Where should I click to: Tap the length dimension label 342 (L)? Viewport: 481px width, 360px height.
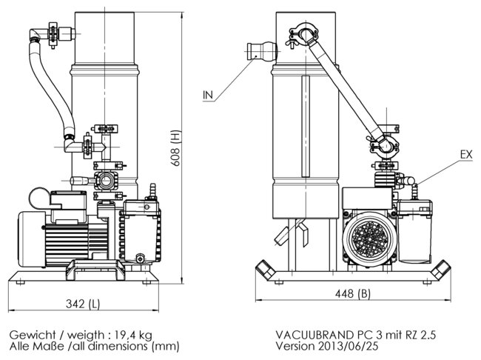(x=82, y=304)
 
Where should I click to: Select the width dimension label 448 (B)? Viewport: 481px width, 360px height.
(x=353, y=294)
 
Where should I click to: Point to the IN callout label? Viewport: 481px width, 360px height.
(x=208, y=94)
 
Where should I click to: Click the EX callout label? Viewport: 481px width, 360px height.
(x=466, y=154)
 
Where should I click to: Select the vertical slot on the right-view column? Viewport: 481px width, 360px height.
(x=305, y=130)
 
